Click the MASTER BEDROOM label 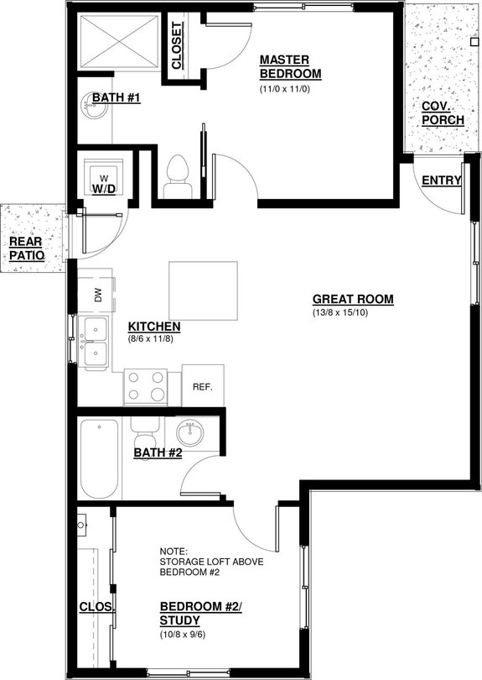click(286, 66)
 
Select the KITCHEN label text click(155, 326)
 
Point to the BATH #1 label click(116, 98)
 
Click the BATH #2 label click(158, 453)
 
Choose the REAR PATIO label click(25, 248)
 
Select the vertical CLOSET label click(178, 45)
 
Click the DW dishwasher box click(96, 295)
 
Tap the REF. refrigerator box click(203, 387)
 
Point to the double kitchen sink click(96, 343)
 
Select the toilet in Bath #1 click(176, 174)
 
